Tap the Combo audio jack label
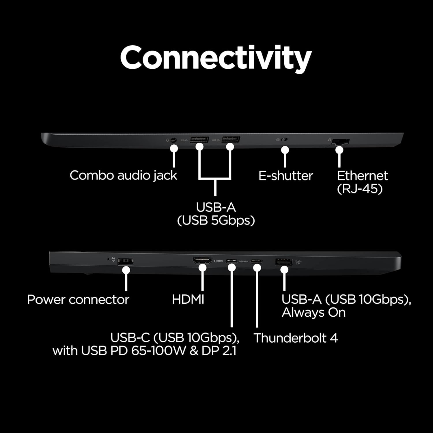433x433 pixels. coord(123,176)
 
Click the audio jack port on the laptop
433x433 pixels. coord(173,140)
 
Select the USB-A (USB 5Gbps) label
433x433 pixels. coord(216,214)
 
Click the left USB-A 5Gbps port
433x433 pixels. coord(199,140)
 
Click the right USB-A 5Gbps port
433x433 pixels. coord(231,140)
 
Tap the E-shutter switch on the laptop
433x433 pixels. coord(284,140)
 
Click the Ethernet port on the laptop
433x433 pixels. coord(341,142)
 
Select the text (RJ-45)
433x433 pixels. coord(360,189)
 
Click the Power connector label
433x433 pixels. coord(78,300)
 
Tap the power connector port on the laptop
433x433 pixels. coord(126,261)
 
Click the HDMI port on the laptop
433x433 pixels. coord(202,261)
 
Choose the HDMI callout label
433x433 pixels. coord(188,299)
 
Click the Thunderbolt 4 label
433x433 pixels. coord(296,338)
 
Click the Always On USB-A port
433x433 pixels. coord(284,262)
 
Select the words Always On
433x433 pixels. coord(313,313)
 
